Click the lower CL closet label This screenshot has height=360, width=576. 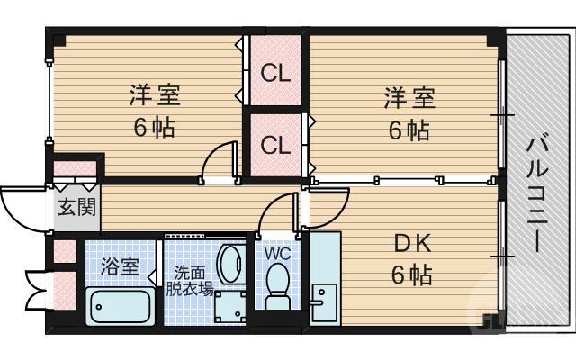pos(276,144)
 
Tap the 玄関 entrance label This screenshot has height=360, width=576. pos(76,208)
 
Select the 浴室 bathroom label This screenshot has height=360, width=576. pos(119,266)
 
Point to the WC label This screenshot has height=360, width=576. pos(278,253)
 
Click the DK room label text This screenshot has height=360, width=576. pos(412,243)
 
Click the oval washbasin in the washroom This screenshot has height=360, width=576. pos(231,262)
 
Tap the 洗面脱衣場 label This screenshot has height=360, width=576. pos(189,280)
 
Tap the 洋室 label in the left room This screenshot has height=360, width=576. pos(150,94)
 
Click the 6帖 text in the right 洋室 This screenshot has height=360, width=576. pos(409,130)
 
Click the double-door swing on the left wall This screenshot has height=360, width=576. pos(36,286)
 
